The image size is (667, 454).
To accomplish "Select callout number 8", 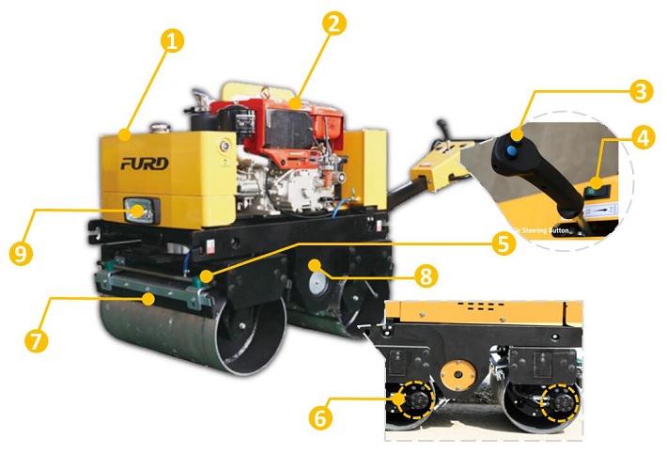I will (x=426, y=277).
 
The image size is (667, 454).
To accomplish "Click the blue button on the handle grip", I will (x=507, y=149).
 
